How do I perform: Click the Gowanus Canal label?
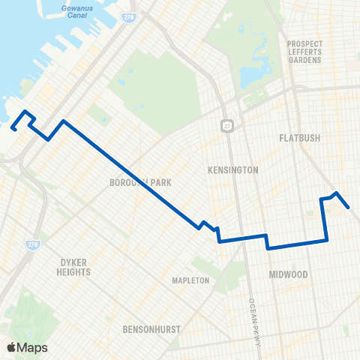pyautogui.click(x=76, y=11)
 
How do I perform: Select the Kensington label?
pyautogui.click(x=232, y=170)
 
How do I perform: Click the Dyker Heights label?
pyautogui.click(x=74, y=267)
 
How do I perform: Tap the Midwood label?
pyautogui.click(x=289, y=274)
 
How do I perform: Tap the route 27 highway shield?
pyautogui.click(x=225, y=122)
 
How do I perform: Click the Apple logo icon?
pyautogui.click(x=11, y=347)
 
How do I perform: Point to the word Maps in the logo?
pyautogui.click(x=33, y=347)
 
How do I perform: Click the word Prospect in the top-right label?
pyautogui.click(x=304, y=43)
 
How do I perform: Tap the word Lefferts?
pyautogui.click(x=304, y=52)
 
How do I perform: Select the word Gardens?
pyautogui.click(x=304, y=60)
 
